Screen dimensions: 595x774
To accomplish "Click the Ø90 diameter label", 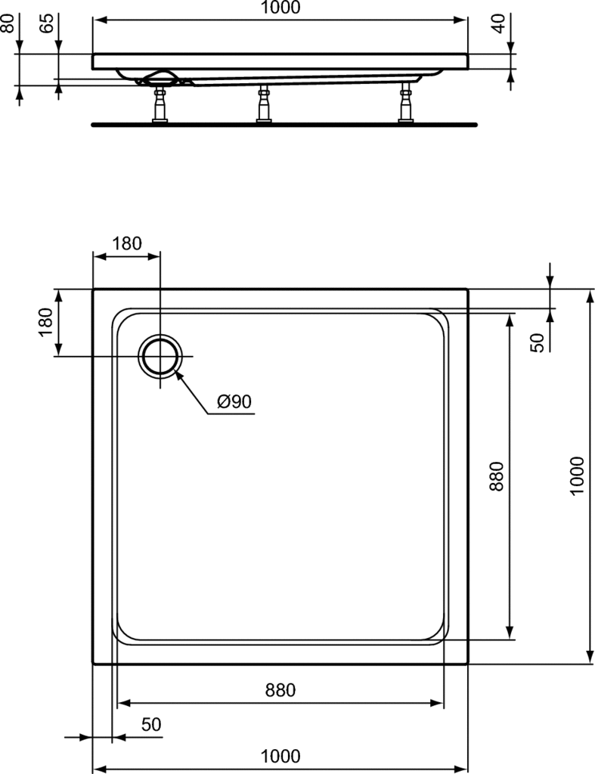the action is coord(234,402).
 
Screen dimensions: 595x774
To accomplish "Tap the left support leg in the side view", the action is coord(160,103).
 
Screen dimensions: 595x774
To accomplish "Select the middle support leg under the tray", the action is coord(264,103).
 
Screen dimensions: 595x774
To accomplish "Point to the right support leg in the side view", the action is coord(407,102).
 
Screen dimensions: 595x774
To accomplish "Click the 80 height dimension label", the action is coord(7,23).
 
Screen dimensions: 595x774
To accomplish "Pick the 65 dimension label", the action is coord(46,23).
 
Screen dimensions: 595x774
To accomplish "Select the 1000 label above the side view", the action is coord(280,8).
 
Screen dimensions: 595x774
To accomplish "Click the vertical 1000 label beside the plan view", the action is coord(576,476).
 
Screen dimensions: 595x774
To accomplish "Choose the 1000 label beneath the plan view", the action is coord(280,756).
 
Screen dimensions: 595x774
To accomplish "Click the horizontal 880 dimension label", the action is coord(280,689).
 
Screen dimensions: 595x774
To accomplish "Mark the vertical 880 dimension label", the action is coord(496,476).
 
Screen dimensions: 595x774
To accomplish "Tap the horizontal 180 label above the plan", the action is coord(126,243).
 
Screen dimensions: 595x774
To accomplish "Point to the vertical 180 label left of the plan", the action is coord(45,322).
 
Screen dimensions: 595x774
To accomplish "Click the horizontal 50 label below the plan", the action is coord(151,724).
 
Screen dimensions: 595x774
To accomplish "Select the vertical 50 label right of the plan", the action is coord(538,342).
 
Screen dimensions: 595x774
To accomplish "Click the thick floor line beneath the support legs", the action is coord(284,125).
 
